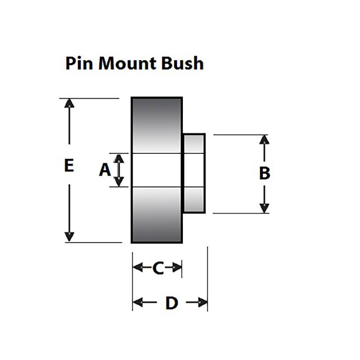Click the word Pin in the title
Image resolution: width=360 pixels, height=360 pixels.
coord(78,63)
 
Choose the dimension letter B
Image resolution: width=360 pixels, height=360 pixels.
coord(265,174)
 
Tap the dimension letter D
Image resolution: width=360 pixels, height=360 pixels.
coord(171,303)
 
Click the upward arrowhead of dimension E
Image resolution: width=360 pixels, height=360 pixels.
coord(69,103)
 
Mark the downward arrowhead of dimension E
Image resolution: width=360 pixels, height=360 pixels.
coord(69,237)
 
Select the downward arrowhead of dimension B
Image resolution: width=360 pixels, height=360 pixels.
coord(265,208)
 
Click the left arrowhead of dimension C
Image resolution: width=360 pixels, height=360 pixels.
coord(138,267)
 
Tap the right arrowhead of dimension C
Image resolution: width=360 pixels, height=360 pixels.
coord(177,267)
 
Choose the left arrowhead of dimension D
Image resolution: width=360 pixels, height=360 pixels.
coord(138,302)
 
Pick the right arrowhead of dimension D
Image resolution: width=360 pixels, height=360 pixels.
coord(203,302)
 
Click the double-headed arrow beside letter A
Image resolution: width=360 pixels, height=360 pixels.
coord(119,170)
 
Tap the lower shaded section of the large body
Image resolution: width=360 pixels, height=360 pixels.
coord(157,215)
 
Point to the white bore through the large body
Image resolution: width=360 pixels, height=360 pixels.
coord(157,170)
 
